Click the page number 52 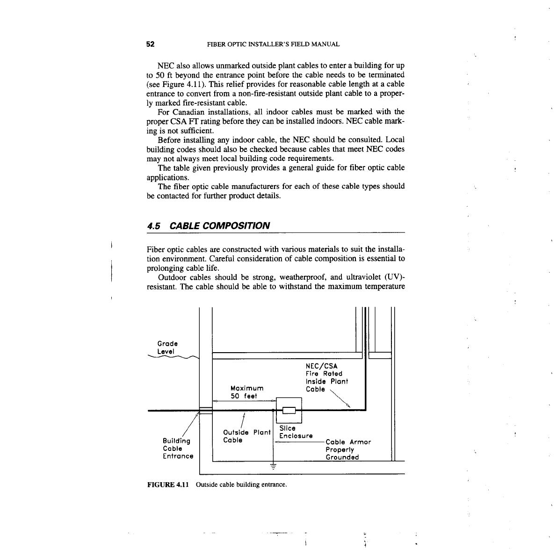[x=151, y=44]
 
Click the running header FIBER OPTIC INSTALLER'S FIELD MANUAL [x=273, y=44]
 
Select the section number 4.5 [x=154, y=226]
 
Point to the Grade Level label [x=167, y=347]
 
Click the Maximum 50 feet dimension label [x=247, y=392]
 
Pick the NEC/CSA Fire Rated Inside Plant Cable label [x=326, y=377]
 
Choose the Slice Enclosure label [x=295, y=432]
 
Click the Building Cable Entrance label [x=178, y=449]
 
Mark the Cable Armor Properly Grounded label [x=348, y=449]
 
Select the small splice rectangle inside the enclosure [x=289, y=411]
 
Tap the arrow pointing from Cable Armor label [x=299, y=442]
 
